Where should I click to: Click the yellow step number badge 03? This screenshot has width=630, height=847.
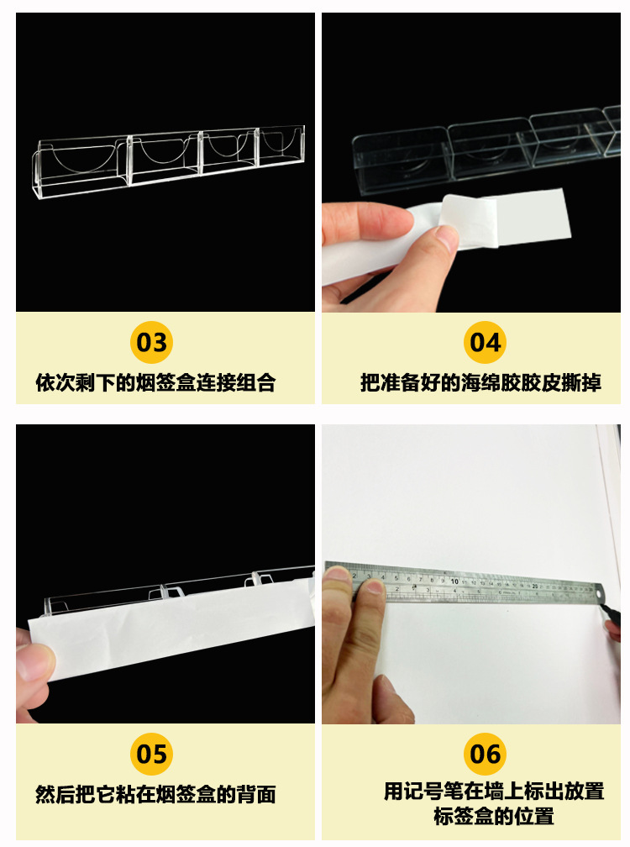click(152, 343)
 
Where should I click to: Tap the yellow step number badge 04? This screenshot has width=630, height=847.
click(485, 343)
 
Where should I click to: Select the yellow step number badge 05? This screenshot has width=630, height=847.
click(152, 754)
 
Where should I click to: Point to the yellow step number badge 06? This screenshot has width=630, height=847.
click(485, 754)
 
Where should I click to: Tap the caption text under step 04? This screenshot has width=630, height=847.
click(480, 383)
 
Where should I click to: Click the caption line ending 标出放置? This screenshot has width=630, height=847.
click(494, 791)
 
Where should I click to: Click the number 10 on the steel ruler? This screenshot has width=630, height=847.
click(454, 581)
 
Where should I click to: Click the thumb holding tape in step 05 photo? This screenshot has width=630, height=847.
click(34, 664)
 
